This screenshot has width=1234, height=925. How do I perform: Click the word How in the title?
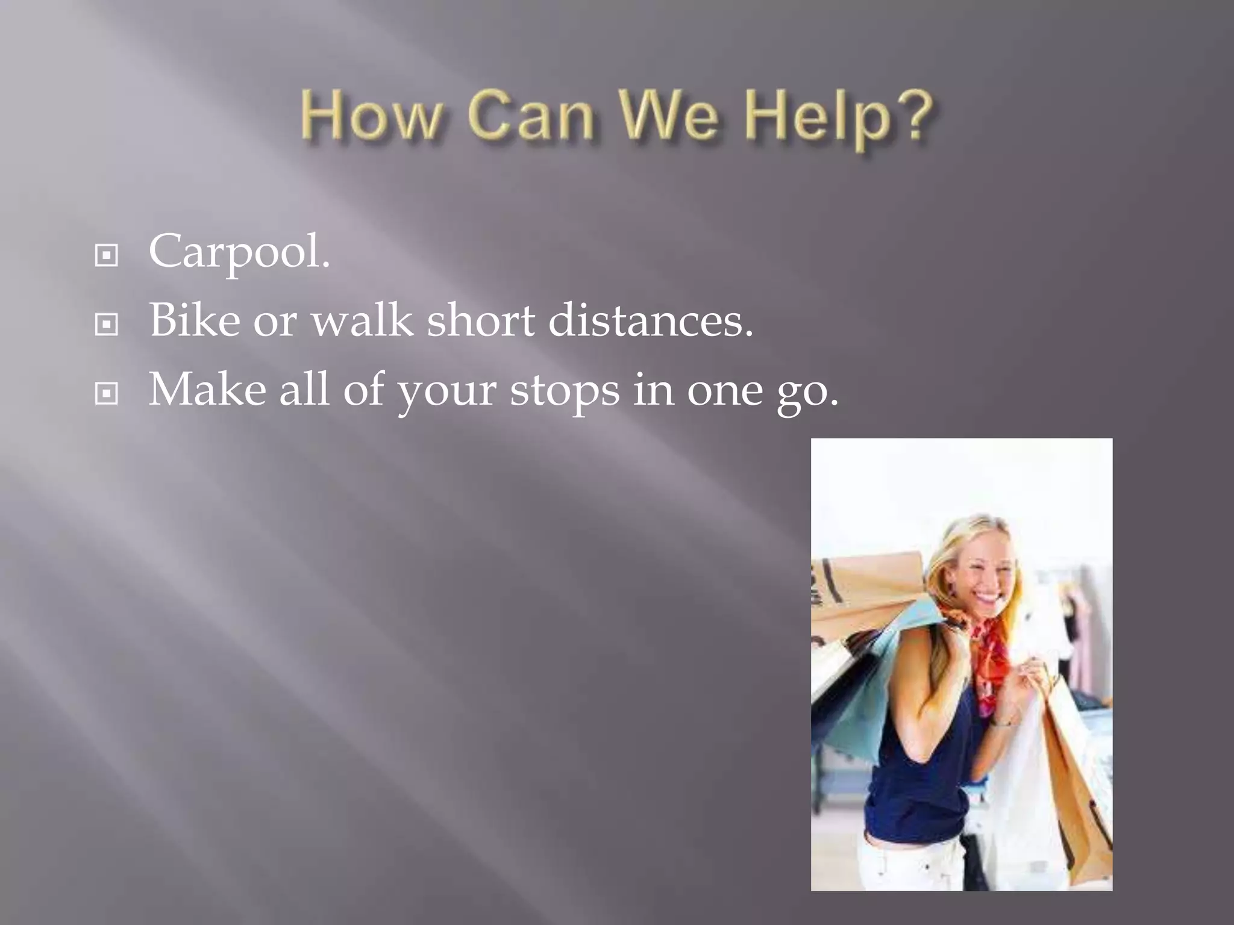tap(371, 117)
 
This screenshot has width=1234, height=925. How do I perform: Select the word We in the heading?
tap(675, 117)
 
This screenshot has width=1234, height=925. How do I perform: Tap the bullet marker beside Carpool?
tap(107, 256)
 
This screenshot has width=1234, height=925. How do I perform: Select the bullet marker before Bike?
tap(107, 325)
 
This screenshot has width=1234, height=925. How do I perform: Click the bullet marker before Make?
tap(107, 394)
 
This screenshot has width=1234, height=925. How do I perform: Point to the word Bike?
tap(194, 320)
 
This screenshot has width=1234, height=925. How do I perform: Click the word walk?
tap(362, 320)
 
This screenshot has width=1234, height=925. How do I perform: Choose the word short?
tap(481, 320)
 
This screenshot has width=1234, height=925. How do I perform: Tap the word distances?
tap(651, 320)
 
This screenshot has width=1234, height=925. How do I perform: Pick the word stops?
tap(565, 391)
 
